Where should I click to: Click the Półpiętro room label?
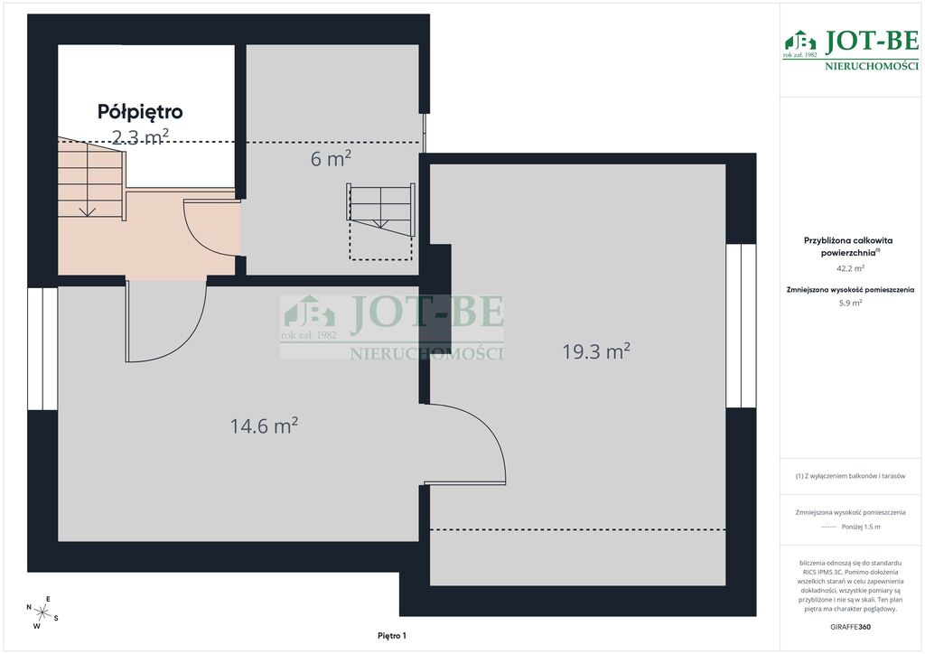pyautogui.click(x=140, y=112)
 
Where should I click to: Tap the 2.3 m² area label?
pyautogui.click(x=140, y=136)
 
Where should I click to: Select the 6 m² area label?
pyautogui.click(x=331, y=159)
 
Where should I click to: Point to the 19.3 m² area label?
pyautogui.click(x=596, y=351)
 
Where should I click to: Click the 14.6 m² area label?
pyautogui.click(x=264, y=425)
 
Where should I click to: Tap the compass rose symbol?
pyautogui.click(x=42, y=612)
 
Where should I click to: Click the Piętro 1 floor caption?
pyautogui.click(x=392, y=636)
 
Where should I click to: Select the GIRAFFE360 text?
pyautogui.click(x=850, y=627)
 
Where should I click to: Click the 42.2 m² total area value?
pyautogui.click(x=850, y=268)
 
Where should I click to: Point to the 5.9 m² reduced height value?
pyautogui.click(x=850, y=304)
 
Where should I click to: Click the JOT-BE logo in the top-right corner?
pyautogui.click(x=850, y=50)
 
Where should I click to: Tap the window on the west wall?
pyautogui.click(x=42, y=349)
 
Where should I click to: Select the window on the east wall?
pyautogui.click(x=741, y=325)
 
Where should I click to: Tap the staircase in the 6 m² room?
pyautogui.click(x=380, y=210)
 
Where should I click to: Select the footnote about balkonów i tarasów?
pyautogui.click(x=850, y=476)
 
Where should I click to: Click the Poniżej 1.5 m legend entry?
pyautogui.click(x=861, y=527)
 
